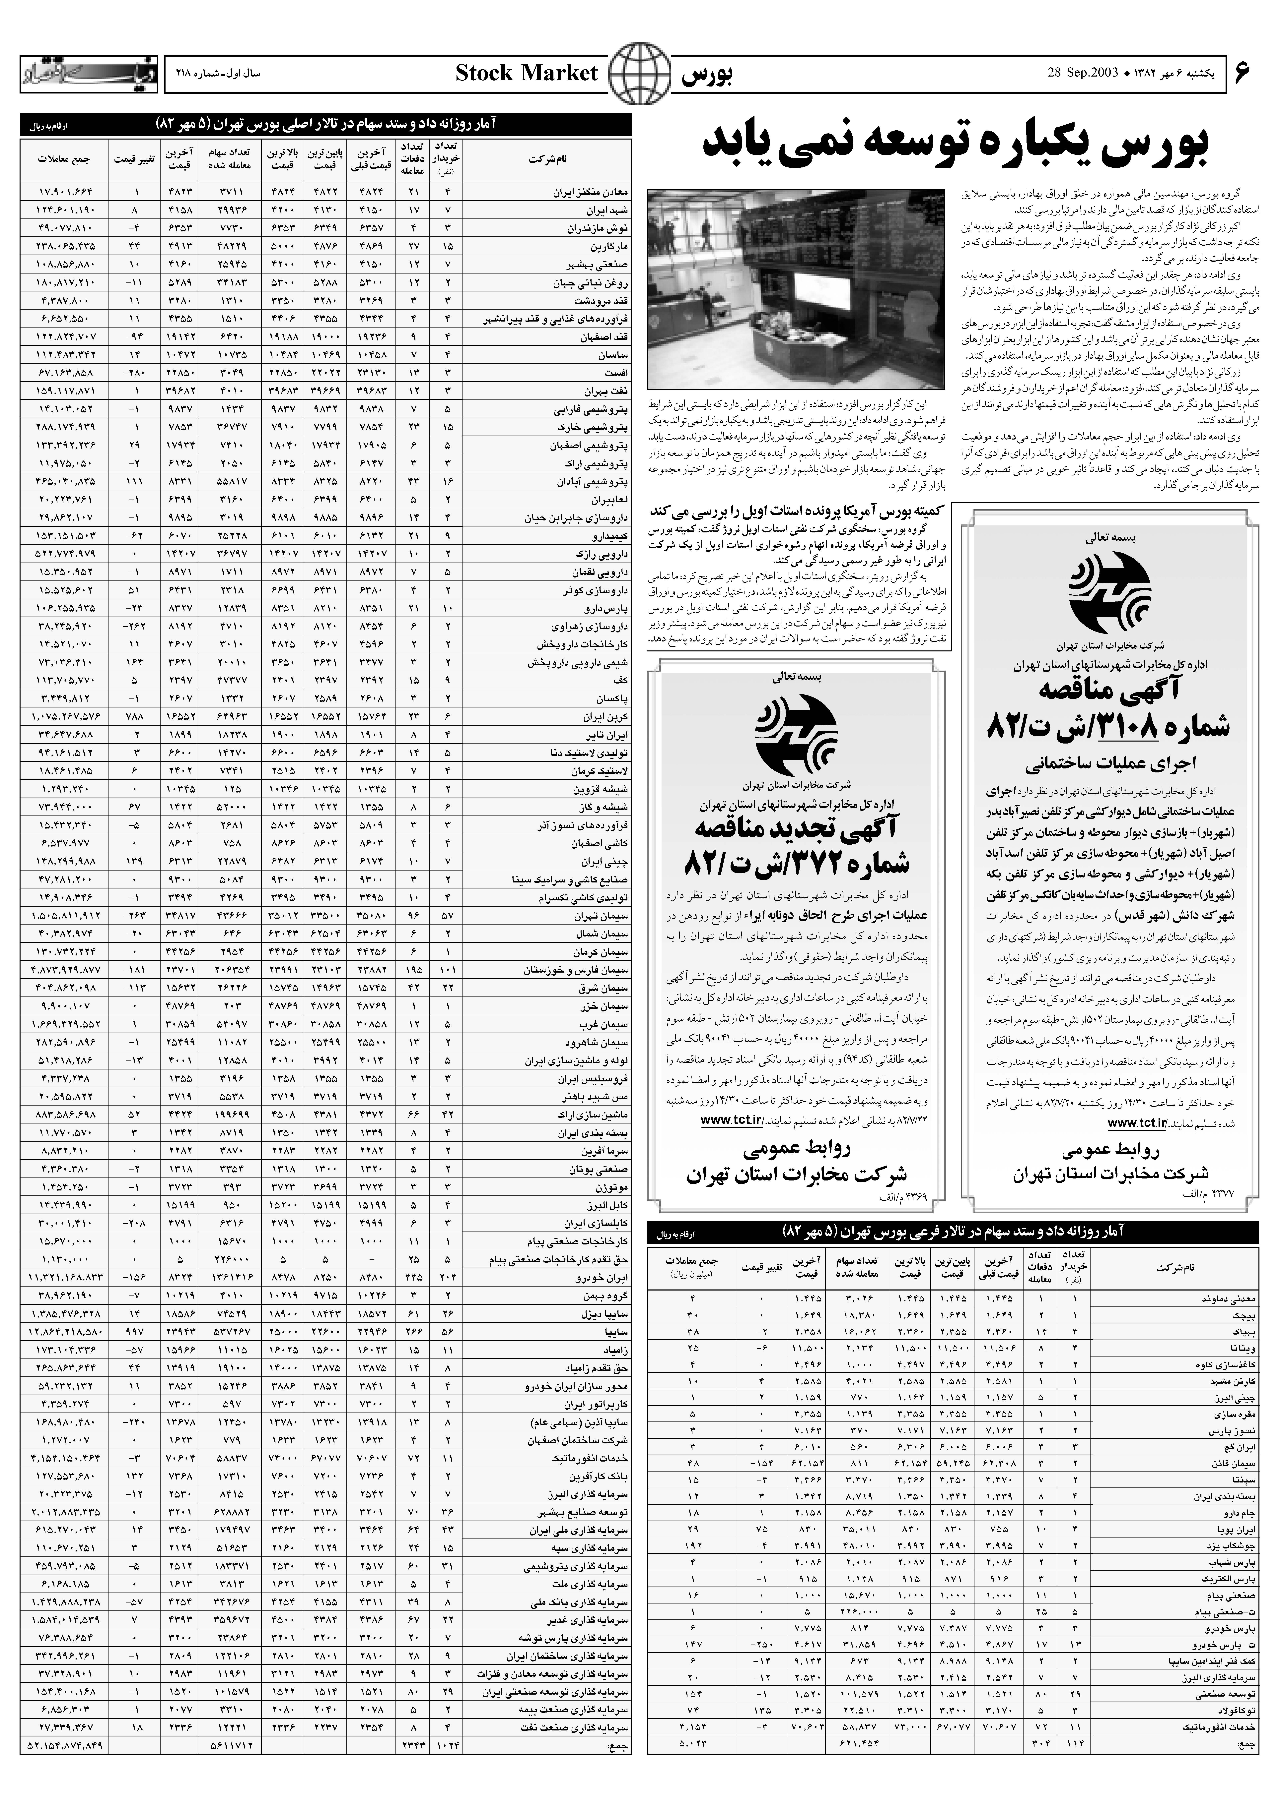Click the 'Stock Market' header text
[x=526, y=74]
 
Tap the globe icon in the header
[x=638, y=74]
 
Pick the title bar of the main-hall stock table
[x=325, y=124]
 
